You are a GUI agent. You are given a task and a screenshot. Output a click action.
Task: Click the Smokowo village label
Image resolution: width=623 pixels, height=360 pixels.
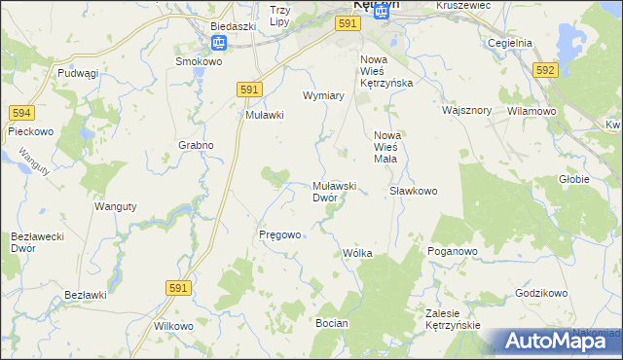[197, 60]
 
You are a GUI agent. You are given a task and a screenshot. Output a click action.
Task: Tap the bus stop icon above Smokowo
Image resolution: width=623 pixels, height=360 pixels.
[220, 43]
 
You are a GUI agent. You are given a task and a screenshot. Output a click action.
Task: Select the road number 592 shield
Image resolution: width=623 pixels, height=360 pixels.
[545, 70]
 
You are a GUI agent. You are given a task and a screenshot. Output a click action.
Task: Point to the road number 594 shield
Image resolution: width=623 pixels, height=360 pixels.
[21, 113]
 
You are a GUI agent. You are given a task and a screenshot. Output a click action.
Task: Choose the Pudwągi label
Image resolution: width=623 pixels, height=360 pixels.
[79, 73]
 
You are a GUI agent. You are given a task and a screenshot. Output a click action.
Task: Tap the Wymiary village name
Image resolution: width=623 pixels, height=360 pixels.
[324, 96]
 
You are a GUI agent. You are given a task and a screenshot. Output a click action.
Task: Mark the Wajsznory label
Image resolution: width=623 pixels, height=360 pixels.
[464, 110]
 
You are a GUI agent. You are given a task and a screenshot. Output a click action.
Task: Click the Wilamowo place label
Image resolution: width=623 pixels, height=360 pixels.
[531, 111]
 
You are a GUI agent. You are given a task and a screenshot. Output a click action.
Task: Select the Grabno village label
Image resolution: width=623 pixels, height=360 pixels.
[196, 145]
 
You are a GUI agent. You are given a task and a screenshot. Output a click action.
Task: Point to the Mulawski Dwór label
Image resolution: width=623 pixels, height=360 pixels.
[335, 191]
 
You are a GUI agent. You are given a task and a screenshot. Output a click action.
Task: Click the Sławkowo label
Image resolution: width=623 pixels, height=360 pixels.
[414, 191]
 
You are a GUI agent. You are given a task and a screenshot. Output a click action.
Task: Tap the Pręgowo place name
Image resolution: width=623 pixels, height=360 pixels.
[279, 234]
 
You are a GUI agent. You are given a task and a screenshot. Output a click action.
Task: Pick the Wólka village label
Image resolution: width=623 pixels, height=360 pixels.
[357, 253]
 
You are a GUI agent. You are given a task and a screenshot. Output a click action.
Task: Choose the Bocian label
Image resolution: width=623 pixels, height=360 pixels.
[332, 321]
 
